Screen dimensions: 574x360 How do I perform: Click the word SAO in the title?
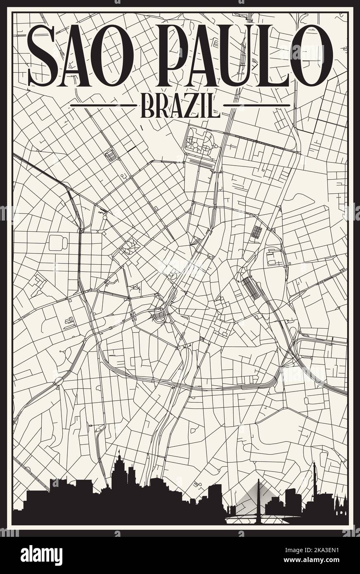pyautogui.click(x=81, y=55)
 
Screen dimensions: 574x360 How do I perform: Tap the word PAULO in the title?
pyautogui.click(x=244, y=55)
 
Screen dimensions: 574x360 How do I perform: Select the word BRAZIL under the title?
pyautogui.click(x=180, y=106)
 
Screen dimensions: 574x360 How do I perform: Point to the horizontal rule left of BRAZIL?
pyautogui.click(x=103, y=105)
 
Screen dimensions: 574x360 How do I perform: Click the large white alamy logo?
pyautogui.click(x=41, y=555)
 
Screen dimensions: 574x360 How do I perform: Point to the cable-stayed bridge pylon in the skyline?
pyautogui.click(x=259, y=496)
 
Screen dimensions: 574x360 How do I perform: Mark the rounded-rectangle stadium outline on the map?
pyautogui.click(x=58, y=243)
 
